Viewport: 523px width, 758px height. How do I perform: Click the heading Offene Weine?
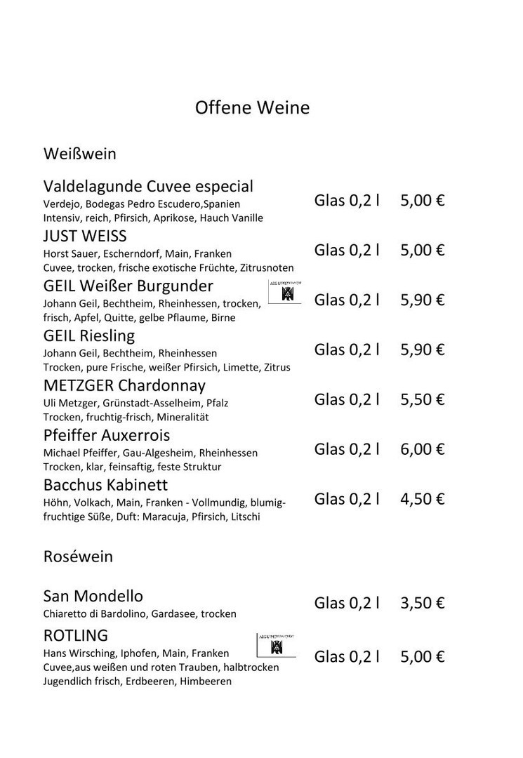[x=252, y=108]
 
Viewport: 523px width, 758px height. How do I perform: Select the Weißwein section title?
[x=79, y=153]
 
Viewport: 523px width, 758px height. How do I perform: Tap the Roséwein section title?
[x=78, y=557]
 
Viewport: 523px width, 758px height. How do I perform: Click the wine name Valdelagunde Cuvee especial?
[x=148, y=187]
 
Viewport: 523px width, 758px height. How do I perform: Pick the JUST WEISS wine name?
[x=85, y=236]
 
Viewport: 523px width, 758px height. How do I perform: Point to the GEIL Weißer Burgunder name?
[x=128, y=286]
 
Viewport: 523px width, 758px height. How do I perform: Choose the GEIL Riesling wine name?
[x=89, y=336]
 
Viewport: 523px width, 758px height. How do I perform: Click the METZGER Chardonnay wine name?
[x=124, y=386]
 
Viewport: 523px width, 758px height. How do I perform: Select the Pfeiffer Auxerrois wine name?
[x=107, y=436]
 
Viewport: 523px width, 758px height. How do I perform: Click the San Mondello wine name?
[x=93, y=597]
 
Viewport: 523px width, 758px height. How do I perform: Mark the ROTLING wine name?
[x=76, y=636]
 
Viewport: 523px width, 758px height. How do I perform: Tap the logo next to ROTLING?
[x=276, y=645]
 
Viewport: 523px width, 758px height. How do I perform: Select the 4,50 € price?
[x=423, y=500]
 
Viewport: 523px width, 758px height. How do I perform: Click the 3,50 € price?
[x=423, y=604]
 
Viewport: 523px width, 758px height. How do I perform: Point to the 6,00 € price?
[x=423, y=450]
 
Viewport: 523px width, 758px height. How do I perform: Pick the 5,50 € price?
[x=423, y=400]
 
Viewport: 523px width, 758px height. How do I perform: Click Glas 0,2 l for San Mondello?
[x=347, y=604]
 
